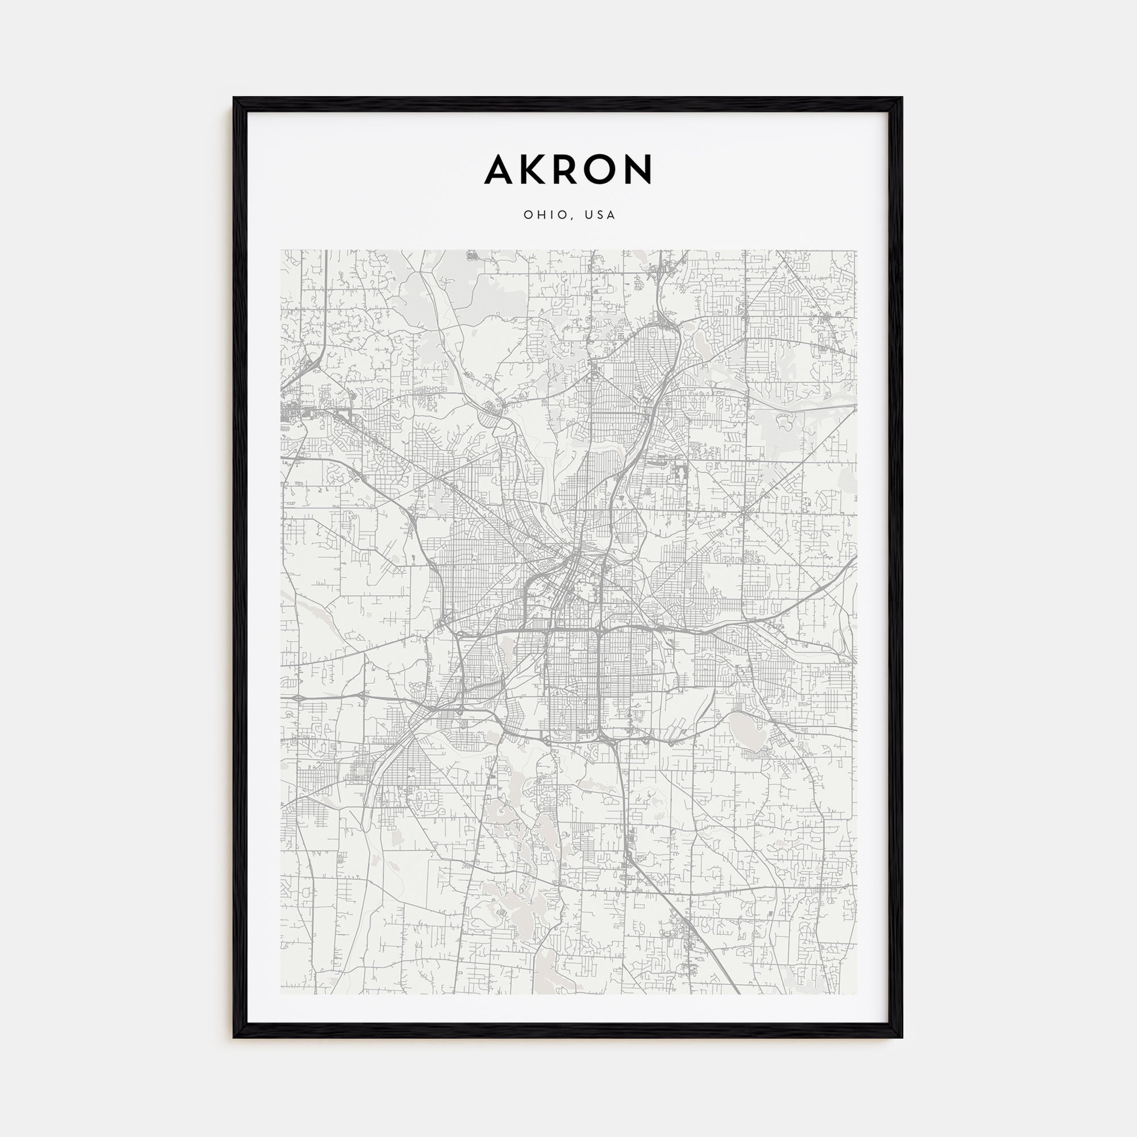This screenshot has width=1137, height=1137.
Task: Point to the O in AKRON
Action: tap(601, 169)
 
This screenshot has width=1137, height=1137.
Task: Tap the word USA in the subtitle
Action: tap(600, 215)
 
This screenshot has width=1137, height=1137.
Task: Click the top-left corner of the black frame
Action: tap(234, 98)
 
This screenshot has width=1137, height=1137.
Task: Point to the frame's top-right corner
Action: tap(902, 98)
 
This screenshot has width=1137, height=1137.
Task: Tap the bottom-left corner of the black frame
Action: tap(234, 1037)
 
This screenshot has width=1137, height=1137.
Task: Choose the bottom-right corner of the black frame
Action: tap(902, 1037)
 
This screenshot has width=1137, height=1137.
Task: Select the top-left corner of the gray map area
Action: tap(281, 250)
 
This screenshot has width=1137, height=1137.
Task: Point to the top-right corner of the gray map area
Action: tap(857, 250)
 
